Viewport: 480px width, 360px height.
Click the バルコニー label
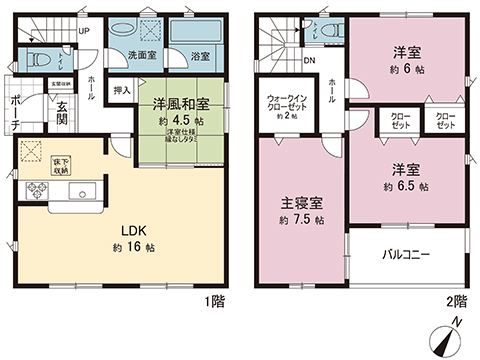click(x=406, y=255)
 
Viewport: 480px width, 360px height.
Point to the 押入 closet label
click(x=122, y=90)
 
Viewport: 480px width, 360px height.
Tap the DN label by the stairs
click(x=311, y=59)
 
